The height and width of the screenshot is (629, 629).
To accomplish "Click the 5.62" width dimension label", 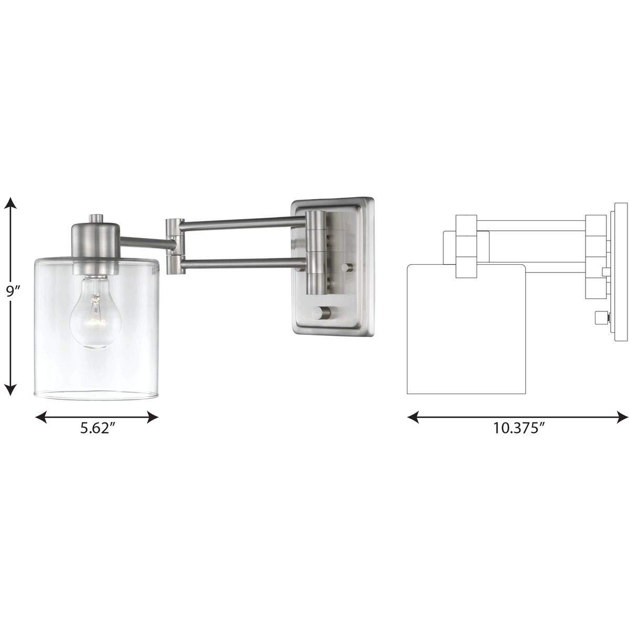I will point(97,428).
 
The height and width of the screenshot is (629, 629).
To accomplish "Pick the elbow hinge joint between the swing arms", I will point(173,246).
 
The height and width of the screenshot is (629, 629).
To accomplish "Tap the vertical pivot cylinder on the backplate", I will point(316,252).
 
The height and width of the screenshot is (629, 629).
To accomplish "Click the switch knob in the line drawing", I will point(600,318).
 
